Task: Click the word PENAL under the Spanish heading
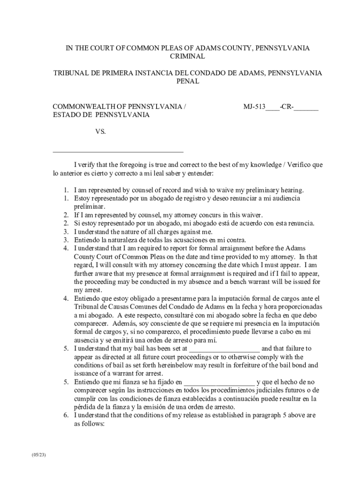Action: click(187, 81)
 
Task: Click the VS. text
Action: click(101, 132)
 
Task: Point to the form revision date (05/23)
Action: click(39, 455)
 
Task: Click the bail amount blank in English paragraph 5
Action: click(224, 348)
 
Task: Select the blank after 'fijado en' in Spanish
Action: click(219, 382)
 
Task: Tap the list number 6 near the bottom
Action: click(66, 415)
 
